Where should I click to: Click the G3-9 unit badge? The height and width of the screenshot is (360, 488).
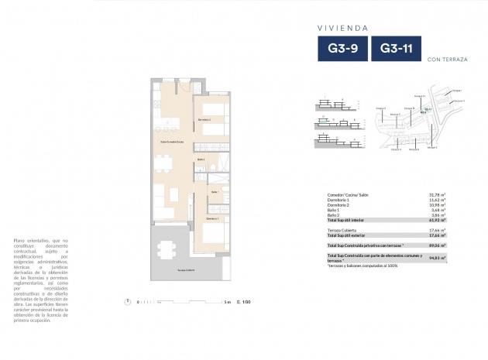pyautogui.click(x=342, y=49)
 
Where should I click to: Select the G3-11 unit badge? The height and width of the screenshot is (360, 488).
pyautogui.click(x=397, y=49)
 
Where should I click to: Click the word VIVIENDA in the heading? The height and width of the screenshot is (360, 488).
pyautogui.click(x=342, y=27)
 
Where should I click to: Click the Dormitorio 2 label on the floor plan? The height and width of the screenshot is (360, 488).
pyautogui.click(x=204, y=121)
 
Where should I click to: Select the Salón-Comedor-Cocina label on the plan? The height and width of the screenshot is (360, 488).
pyautogui.click(x=171, y=142)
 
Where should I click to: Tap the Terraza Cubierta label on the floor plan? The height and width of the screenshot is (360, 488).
pyautogui.click(x=185, y=269)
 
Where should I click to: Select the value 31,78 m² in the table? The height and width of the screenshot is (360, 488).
pyautogui.click(x=439, y=194)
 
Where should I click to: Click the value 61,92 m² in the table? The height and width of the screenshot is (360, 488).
pyautogui.click(x=439, y=221)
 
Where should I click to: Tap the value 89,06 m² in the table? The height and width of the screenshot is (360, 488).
pyautogui.click(x=439, y=243)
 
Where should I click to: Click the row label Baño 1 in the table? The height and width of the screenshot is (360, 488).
pyautogui.click(x=335, y=211)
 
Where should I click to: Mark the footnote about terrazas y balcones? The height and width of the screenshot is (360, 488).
pyautogui.click(x=363, y=266)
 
